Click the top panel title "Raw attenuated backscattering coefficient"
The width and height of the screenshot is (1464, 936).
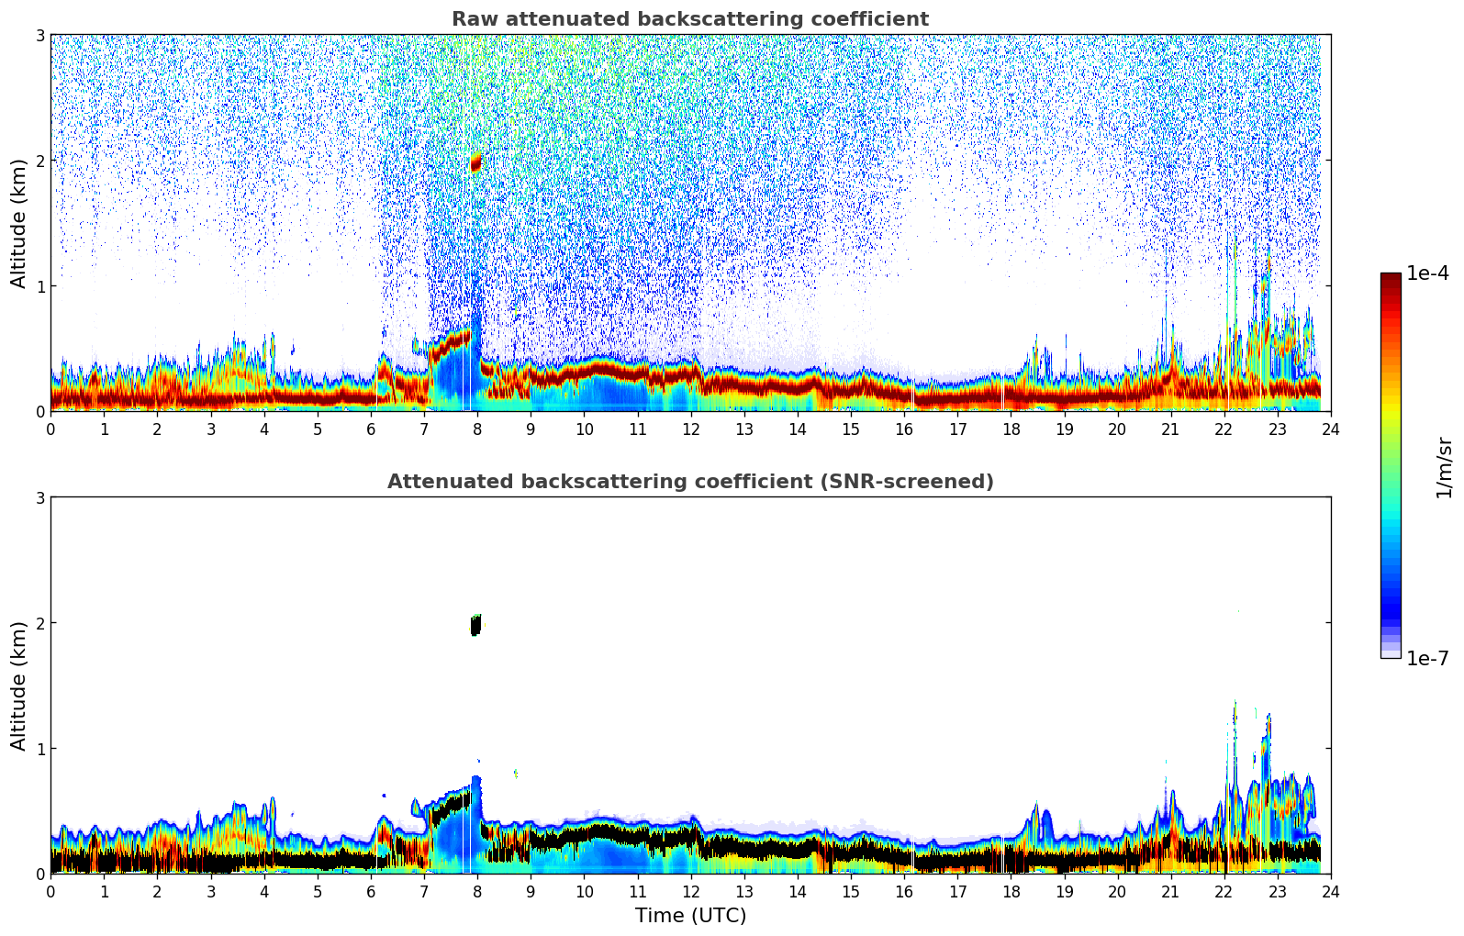click(x=689, y=19)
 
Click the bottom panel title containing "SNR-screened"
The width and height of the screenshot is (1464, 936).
click(x=689, y=482)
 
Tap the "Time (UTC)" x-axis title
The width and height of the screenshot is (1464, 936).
click(x=690, y=916)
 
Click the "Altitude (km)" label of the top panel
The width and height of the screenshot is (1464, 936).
click(x=18, y=223)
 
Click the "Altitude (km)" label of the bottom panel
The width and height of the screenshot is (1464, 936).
click(x=18, y=685)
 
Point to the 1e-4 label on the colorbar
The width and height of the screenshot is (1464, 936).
click(x=1427, y=273)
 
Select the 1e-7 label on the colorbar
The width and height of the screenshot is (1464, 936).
click(x=1427, y=658)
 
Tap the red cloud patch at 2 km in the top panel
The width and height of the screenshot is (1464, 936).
click(x=475, y=164)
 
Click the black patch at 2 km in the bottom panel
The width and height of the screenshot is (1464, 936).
click(x=475, y=626)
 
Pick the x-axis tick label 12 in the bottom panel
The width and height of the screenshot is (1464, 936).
click(x=690, y=892)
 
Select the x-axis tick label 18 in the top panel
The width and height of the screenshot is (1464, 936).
click(x=1011, y=429)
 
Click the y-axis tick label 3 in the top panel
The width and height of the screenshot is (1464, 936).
click(x=40, y=35)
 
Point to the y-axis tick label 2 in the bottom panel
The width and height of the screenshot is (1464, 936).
click(x=40, y=623)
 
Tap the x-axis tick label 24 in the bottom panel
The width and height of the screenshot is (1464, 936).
click(x=1330, y=892)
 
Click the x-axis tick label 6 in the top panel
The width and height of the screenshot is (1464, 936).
click(x=371, y=429)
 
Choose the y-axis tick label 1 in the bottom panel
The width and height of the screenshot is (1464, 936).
click(x=40, y=749)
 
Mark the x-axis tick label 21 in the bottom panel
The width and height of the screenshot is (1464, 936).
click(x=1170, y=892)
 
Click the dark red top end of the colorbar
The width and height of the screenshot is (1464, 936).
click(x=1390, y=277)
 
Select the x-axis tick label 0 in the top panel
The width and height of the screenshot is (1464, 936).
click(x=50, y=429)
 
